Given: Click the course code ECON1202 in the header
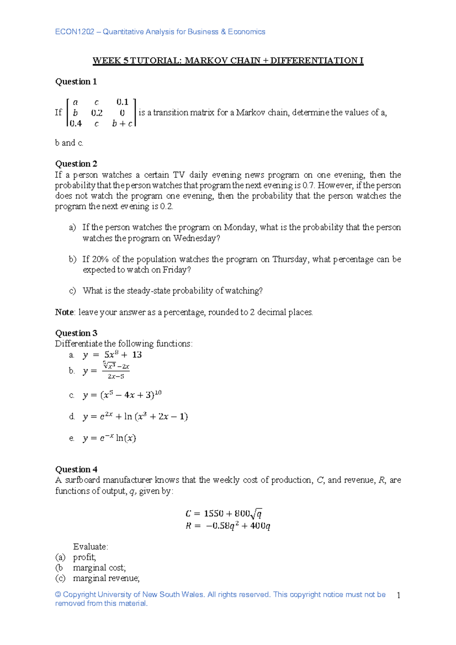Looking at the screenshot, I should (x=74, y=32).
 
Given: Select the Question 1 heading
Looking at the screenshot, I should (x=76, y=82).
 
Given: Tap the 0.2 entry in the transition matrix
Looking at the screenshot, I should (x=97, y=113).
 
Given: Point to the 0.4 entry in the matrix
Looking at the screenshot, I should (x=76, y=123).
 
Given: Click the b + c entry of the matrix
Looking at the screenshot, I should (x=122, y=123).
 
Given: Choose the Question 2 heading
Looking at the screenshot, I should (x=76, y=164).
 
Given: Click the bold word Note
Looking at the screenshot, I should (x=64, y=312).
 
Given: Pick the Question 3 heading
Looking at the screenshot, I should (x=76, y=333).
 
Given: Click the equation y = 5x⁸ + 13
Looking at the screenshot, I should (x=112, y=355).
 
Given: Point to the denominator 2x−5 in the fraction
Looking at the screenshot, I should (x=116, y=376).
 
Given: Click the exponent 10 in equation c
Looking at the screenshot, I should (x=158, y=393).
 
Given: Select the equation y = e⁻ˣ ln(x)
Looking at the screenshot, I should (x=109, y=438).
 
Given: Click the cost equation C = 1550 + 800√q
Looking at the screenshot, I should (x=223, y=514).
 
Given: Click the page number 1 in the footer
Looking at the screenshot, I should (x=398, y=595).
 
